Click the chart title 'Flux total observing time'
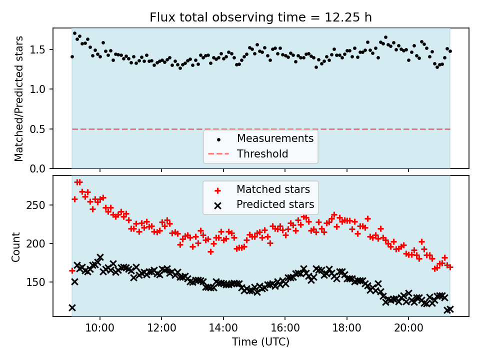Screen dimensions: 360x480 pos(260,17)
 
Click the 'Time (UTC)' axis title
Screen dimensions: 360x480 pos(260,342)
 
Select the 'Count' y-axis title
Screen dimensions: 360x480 pos(16,246)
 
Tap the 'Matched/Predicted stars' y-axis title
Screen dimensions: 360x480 pos(19,98)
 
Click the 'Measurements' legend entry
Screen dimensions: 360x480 pos(275,138)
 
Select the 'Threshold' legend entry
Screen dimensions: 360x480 pos(262,154)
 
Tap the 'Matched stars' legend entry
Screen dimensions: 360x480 pos(273,189)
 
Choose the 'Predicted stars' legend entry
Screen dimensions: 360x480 pos(275,204)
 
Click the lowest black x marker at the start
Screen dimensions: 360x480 pos(72,308)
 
